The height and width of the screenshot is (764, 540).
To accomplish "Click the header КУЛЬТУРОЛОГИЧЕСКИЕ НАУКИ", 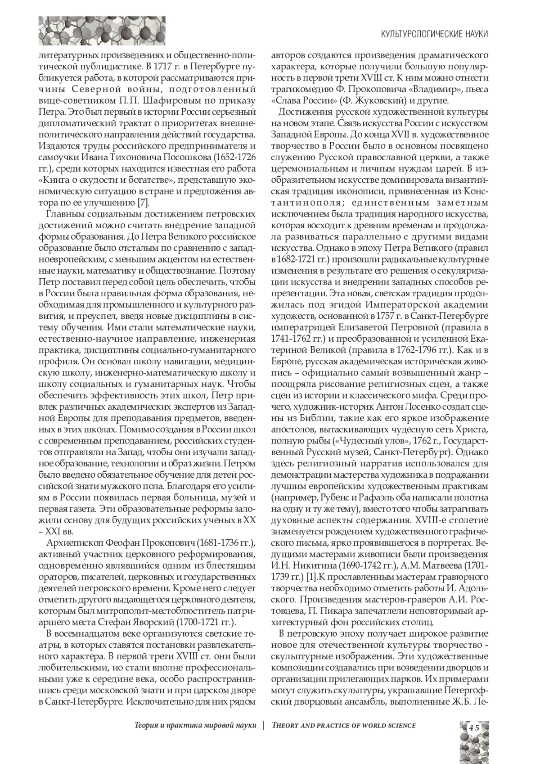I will coord(434,34).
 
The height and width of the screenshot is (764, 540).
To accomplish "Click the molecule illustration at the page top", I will coord(102,31).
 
